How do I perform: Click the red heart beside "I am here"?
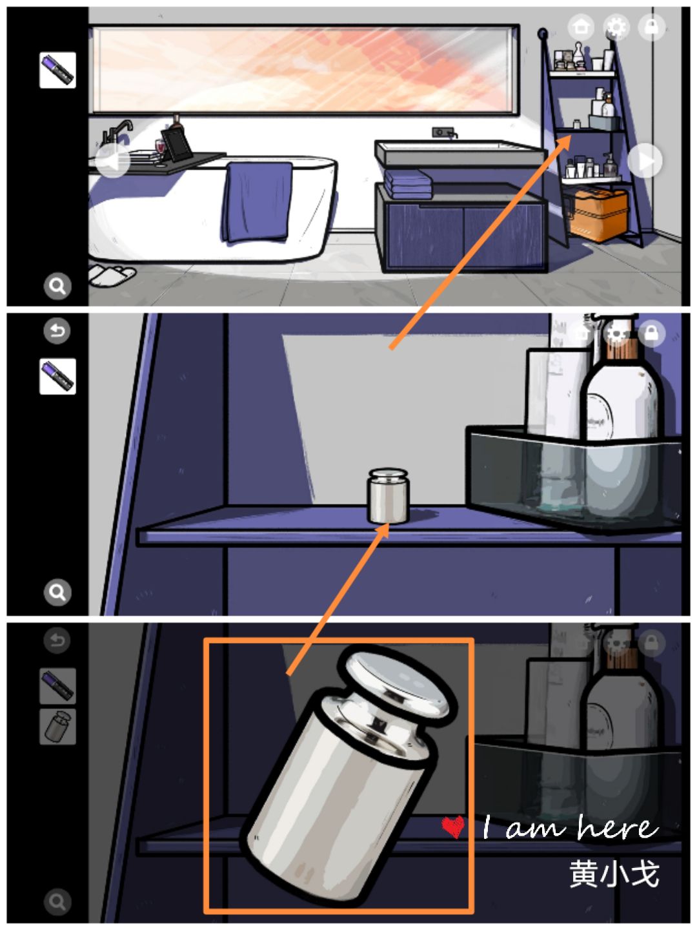(452, 827)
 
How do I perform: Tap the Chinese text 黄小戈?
(614, 874)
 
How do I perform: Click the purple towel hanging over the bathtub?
(258, 201)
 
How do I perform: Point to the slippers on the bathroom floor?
(111, 275)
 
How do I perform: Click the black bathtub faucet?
(116, 132)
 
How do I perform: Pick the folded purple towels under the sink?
(408, 183)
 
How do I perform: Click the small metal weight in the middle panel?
(388, 496)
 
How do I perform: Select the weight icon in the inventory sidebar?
(57, 727)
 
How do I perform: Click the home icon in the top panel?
(581, 26)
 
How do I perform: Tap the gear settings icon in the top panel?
(616, 26)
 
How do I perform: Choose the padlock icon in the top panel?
(651, 26)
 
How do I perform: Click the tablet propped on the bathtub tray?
(176, 143)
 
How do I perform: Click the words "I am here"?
(571, 827)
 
